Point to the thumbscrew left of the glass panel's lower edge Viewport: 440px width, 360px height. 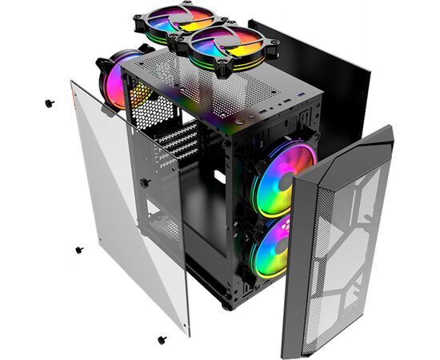pyautogui.click(x=79, y=250)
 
